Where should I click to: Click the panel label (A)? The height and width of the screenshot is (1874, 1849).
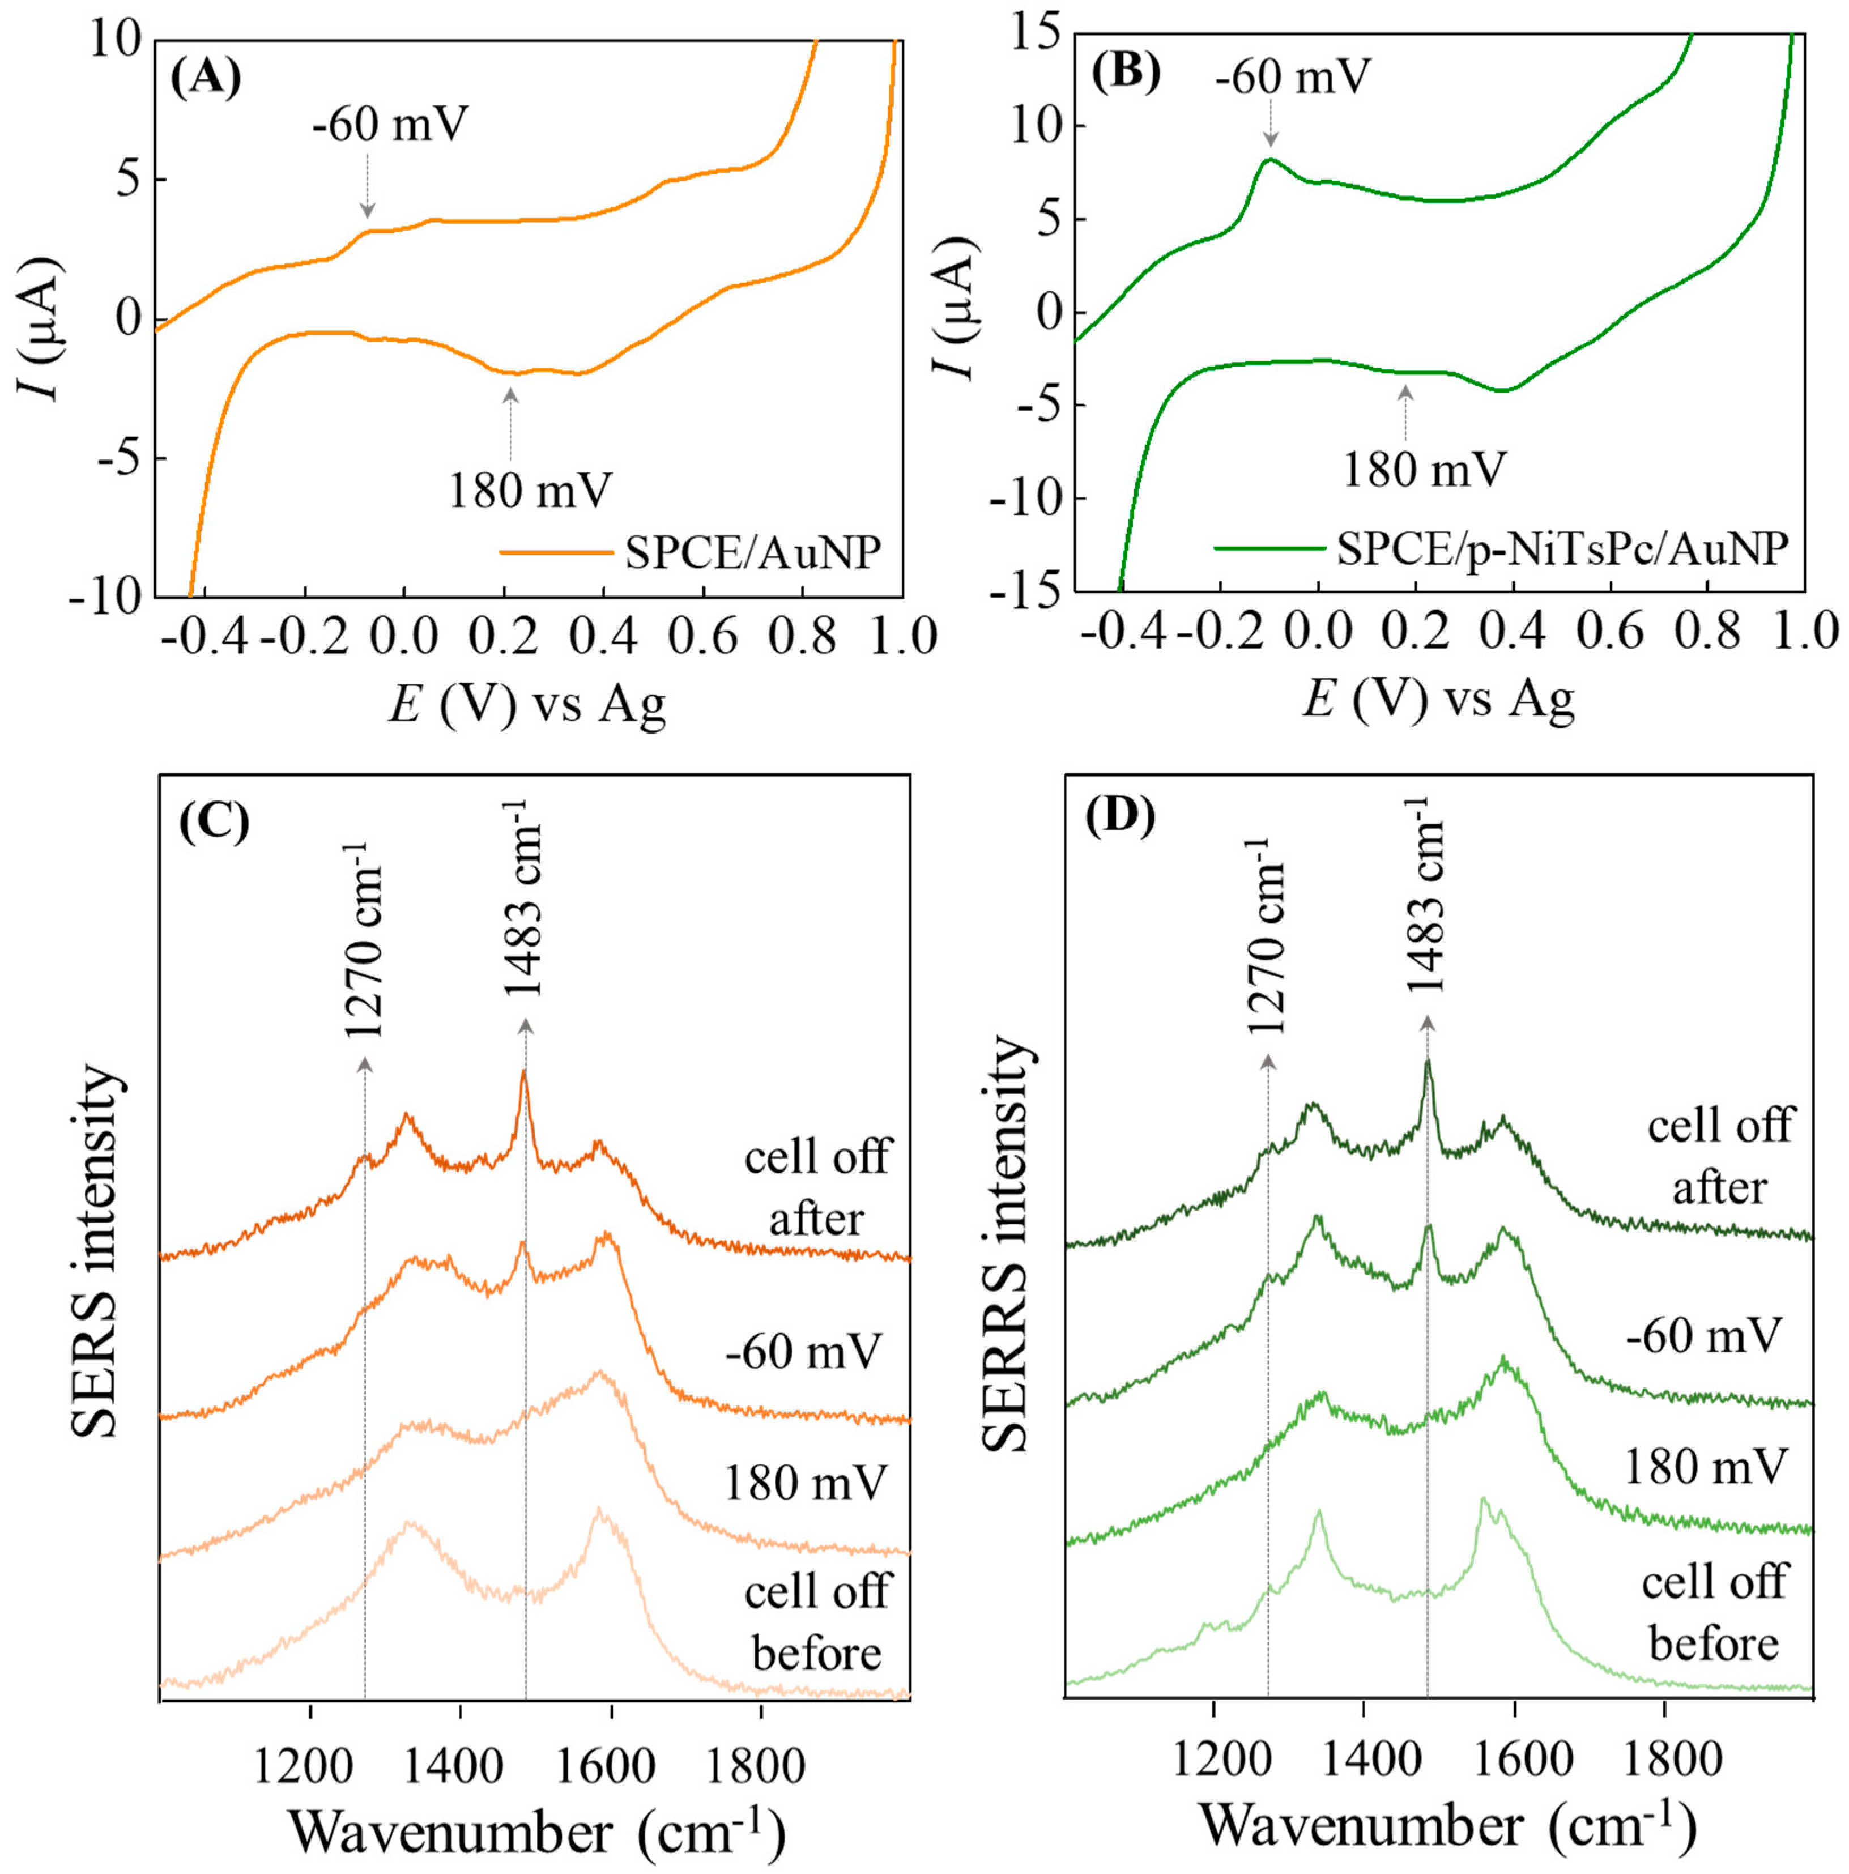[x=206, y=78]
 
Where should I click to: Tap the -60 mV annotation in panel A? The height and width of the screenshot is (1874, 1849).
[x=390, y=125]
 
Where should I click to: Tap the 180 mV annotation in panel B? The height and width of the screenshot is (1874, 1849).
[x=1423, y=470]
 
